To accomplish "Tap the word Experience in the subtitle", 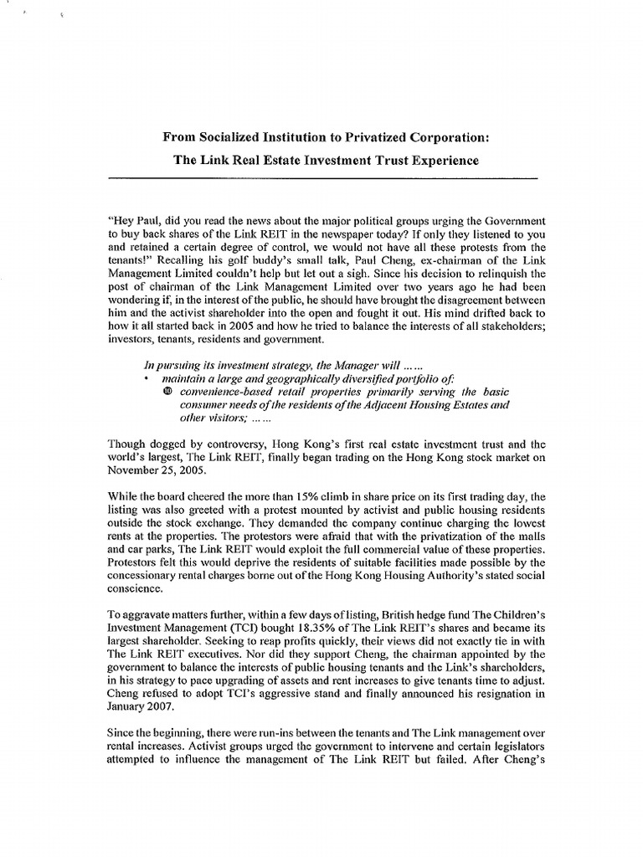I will tap(443, 161).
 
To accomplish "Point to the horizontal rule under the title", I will tap(322, 178).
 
